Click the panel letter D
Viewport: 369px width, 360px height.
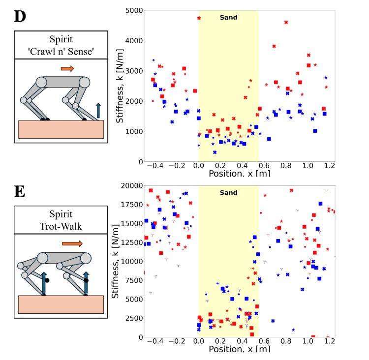pos(20,16)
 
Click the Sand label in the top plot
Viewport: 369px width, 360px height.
pos(228,18)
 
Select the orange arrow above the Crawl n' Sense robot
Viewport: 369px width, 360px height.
pos(67,69)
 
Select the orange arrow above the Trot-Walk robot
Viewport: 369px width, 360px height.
pos(72,243)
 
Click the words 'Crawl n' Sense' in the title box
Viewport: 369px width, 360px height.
pos(61,50)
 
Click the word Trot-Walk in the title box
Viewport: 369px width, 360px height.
pos(61,224)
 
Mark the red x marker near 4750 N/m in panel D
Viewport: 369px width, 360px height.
pos(199,18)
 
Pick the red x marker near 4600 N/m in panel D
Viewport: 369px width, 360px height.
pos(286,22)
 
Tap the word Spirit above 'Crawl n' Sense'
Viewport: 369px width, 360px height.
pos(61,39)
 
